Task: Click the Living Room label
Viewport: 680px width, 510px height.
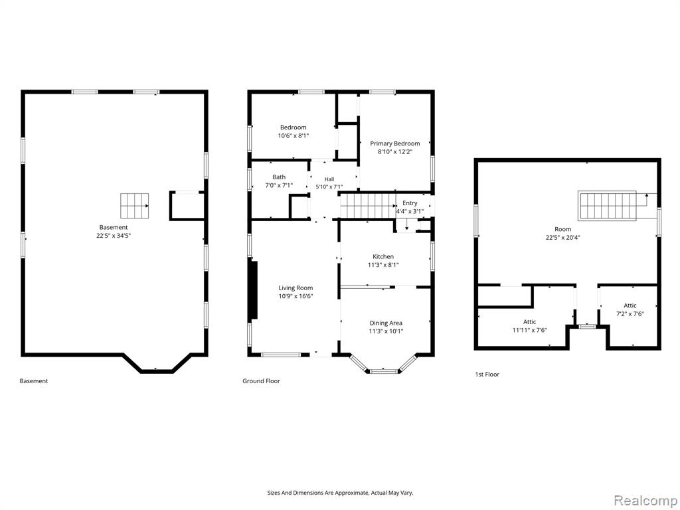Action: pos(296,288)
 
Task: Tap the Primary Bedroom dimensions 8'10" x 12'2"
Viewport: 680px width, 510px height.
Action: pos(394,152)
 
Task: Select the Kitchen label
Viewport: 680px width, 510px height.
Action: pos(383,257)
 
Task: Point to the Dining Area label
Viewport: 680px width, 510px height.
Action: pos(386,323)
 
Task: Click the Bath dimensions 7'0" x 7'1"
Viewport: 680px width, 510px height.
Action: pos(279,185)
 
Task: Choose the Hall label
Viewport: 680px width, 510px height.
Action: pos(329,179)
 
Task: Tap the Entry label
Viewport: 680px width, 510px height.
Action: pos(410,203)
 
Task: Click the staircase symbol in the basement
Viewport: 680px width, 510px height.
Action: pos(134,206)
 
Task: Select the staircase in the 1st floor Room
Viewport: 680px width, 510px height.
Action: pos(607,206)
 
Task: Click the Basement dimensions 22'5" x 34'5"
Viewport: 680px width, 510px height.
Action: pos(114,236)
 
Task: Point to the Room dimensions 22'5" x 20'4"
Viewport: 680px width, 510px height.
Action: pos(563,237)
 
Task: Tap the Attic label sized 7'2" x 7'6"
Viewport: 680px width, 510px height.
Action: pos(630,305)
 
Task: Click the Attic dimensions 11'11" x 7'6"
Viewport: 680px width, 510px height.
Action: pos(529,330)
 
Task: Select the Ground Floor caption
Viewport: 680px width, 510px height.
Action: pos(261,381)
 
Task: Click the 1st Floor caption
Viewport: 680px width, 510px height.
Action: pos(487,375)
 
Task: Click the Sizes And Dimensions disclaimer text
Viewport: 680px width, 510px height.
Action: pos(340,493)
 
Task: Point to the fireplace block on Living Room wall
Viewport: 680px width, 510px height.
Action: pos(254,290)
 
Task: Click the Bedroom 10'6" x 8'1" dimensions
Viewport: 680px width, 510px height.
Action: pos(293,135)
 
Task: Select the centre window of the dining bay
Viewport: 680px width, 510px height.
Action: pos(383,371)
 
